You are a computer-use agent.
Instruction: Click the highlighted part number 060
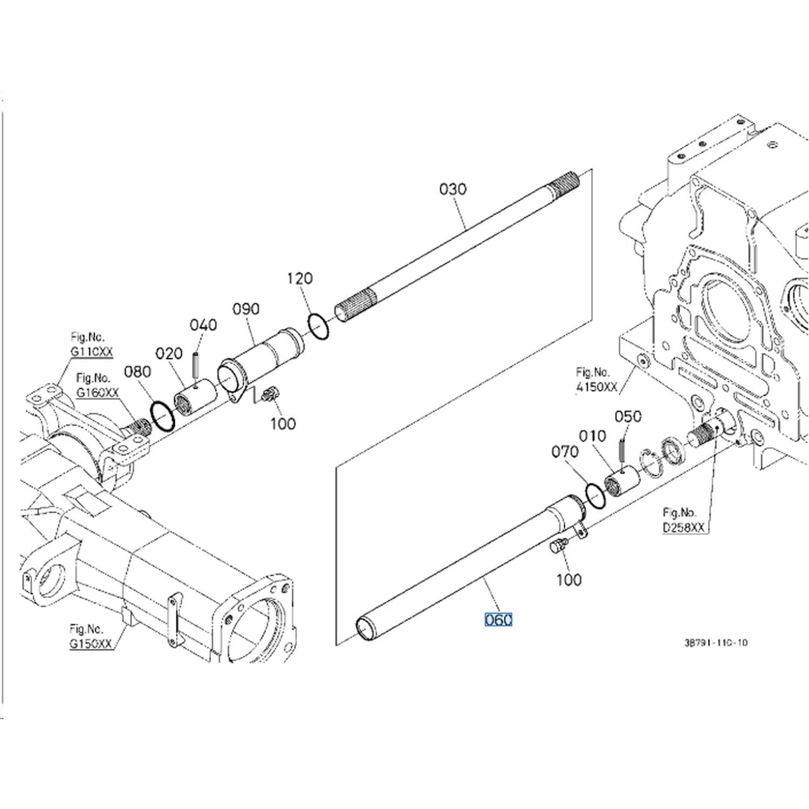(x=498, y=620)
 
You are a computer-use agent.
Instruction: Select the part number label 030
(x=453, y=189)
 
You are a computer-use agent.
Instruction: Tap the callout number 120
(x=299, y=278)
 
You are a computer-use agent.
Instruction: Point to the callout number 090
(x=246, y=309)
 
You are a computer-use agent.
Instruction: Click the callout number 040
(x=203, y=325)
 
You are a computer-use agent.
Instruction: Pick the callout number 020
(x=169, y=354)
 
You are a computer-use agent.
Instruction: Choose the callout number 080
(x=138, y=372)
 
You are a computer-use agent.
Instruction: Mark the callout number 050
(x=628, y=416)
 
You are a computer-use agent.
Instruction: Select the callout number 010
(x=593, y=436)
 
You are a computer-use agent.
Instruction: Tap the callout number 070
(x=565, y=451)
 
